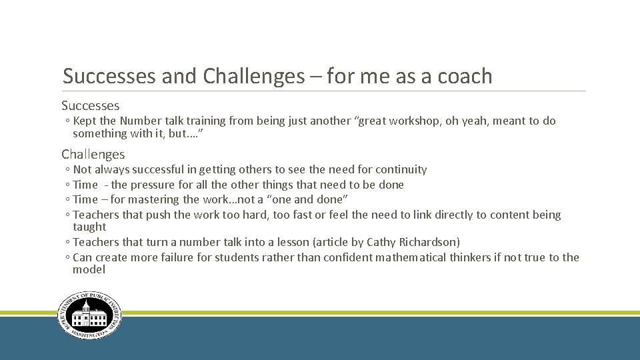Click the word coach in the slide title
coord(465,77)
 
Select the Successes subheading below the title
coord(91,105)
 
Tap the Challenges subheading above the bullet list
coord(93,154)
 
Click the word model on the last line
coord(89,269)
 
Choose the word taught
coord(89,227)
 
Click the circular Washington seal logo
coord(89,316)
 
